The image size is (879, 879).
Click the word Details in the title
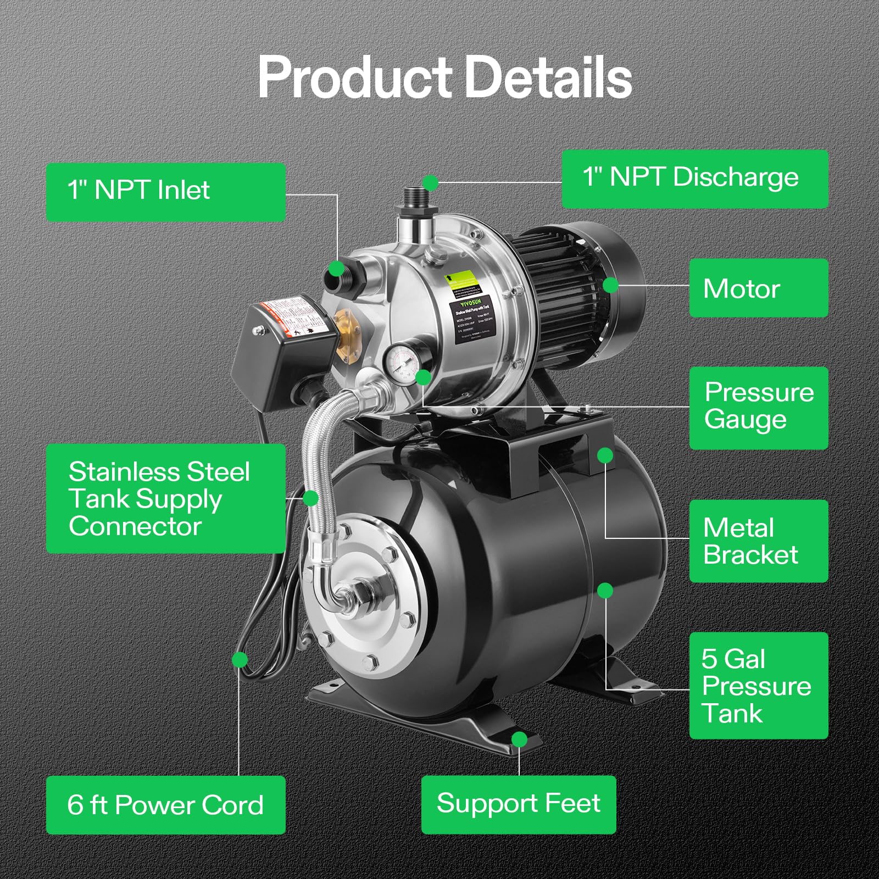pos(548,77)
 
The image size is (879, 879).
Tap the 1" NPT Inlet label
pos(165,192)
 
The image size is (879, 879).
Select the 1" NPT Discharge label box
pos(694,179)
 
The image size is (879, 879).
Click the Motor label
pos(758,288)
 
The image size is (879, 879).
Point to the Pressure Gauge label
pos(758,407)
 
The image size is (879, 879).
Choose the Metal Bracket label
pos(758,541)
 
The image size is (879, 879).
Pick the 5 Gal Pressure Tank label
pos(758,685)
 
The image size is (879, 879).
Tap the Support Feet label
pos(518,804)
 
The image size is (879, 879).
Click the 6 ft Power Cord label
pos(165,805)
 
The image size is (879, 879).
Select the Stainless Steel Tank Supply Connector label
pos(165,498)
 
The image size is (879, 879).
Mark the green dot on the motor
pos(610,285)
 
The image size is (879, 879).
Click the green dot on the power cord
pos(240,659)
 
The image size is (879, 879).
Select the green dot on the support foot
pos(519,739)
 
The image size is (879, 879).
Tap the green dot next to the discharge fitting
pos(431,182)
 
